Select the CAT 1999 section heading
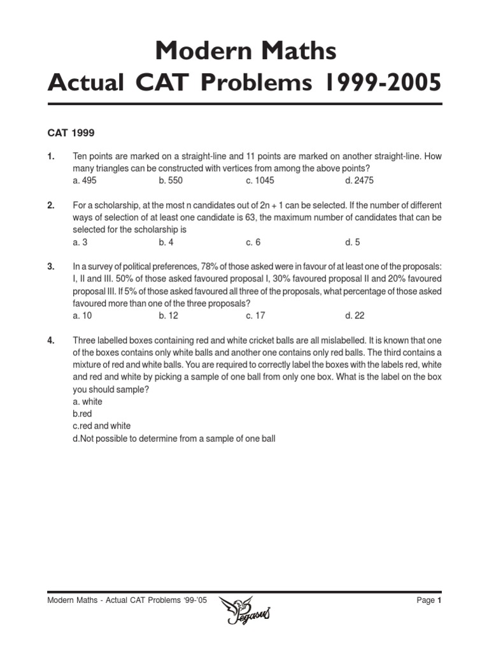point(71,134)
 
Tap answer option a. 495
point(85,180)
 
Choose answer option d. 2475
point(360,180)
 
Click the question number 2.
point(51,205)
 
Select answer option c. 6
point(253,242)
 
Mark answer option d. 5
point(353,242)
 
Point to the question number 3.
point(51,267)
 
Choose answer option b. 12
point(169,316)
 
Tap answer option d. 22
point(355,316)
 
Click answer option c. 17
point(255,316)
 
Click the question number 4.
point(51,341)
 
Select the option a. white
point(88,402)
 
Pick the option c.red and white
point(102,426)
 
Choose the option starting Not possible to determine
point(174,439)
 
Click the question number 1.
point(51,156)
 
